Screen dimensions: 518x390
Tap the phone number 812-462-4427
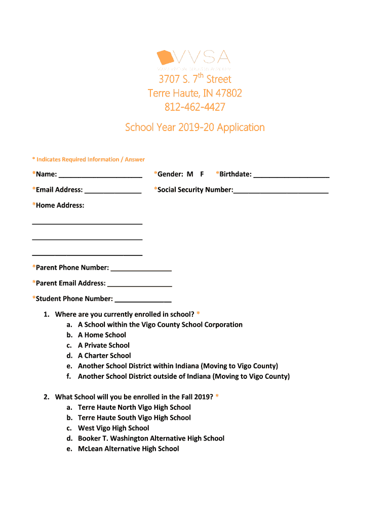tap(195, 107)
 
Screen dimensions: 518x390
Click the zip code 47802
tap(229, 93)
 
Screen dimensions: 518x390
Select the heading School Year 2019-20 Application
tap(195, 127)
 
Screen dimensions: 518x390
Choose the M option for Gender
tap(190, 174)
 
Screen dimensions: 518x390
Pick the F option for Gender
tap(202, 174)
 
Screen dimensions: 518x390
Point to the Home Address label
tap(58, 205)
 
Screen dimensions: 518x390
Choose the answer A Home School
tap(102, 335)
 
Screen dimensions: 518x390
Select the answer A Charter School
tap(104, 356)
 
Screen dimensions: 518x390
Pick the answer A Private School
tap(104, 346)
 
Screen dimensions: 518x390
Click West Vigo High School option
tap(113, 428)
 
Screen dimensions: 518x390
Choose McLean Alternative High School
tap(128, 449)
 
